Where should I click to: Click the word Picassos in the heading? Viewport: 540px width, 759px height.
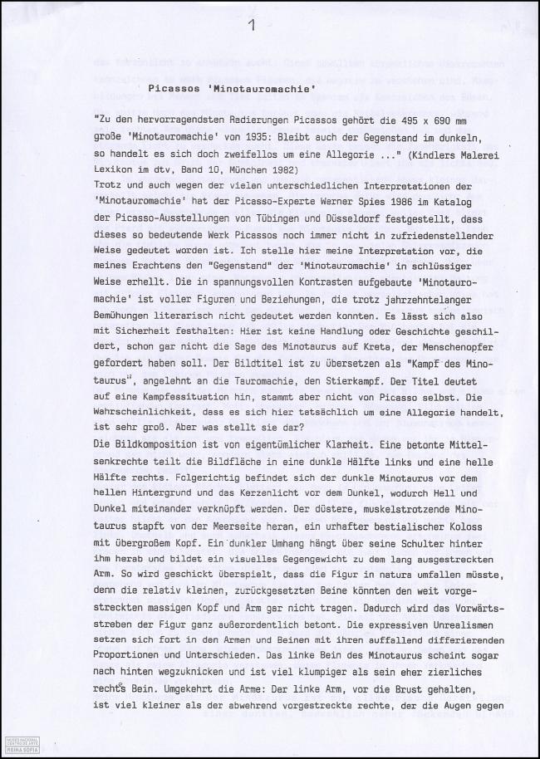pos(176,87)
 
